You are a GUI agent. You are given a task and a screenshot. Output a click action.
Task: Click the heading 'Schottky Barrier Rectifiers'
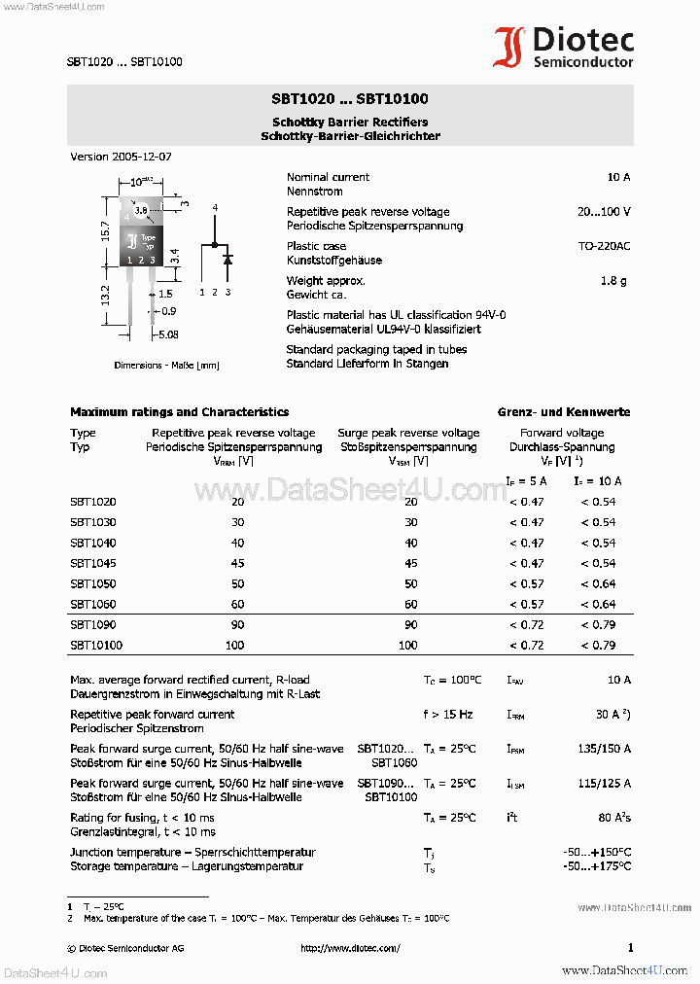350,123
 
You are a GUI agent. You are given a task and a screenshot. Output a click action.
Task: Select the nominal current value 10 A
618,177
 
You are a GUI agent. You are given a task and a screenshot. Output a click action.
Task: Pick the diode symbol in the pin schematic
227,260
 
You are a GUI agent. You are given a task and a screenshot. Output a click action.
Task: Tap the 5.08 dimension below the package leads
167,335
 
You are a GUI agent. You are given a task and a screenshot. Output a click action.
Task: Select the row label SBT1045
92,563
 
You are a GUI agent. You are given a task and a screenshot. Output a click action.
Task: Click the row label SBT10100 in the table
95,645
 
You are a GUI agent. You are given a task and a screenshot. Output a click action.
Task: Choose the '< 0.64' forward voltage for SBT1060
598,604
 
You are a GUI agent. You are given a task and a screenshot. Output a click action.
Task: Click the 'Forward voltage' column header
562,433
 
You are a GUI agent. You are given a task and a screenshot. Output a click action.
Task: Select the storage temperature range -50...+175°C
597,866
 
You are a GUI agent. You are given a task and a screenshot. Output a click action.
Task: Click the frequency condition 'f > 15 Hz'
447,715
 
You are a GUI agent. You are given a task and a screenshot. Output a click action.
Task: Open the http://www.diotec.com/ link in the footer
350,948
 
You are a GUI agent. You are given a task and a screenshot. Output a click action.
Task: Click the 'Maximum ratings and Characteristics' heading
179,412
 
